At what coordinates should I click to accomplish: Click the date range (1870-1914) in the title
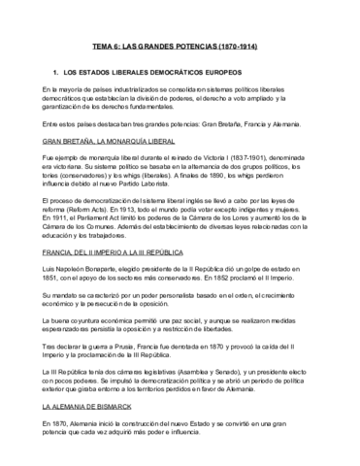pyautogui.click(x=234, y=46)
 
